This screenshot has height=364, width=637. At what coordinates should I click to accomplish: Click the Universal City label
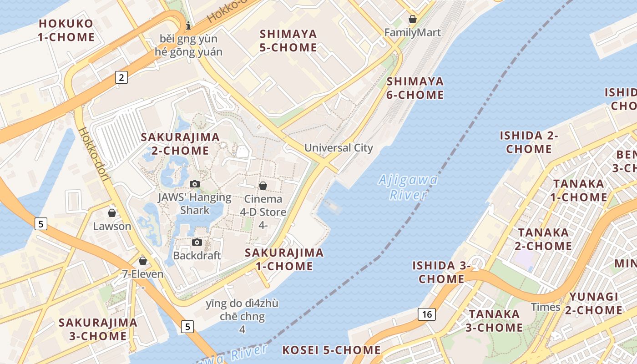pos(339,148)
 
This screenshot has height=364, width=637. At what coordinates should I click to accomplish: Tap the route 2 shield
pos(121,77)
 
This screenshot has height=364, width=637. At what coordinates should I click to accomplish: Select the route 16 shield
pos(427,314)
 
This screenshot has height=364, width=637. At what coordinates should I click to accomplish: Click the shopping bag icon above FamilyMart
pos(412,19)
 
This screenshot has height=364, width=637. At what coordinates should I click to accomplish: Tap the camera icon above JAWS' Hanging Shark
pos(195,184)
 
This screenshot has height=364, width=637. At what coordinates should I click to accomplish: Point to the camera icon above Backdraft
pos(197,242)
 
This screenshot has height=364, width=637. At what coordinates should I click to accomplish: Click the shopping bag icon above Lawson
pos(112,212)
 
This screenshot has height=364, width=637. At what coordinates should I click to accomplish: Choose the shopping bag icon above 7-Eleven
pos(143,261)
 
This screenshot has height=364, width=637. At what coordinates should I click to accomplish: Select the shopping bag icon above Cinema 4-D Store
pos(263,186)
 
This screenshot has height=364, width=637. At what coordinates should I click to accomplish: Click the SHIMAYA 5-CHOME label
pos(288,40)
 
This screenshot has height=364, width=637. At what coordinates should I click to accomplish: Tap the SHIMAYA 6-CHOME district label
pos(415,88)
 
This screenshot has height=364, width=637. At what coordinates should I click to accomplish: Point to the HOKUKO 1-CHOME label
pos(66,30)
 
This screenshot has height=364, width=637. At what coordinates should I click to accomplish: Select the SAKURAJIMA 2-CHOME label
pos(180,144)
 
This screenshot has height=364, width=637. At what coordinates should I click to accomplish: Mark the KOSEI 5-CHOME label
pos(331,350)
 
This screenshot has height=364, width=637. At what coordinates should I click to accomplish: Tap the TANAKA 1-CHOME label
pos(579,190)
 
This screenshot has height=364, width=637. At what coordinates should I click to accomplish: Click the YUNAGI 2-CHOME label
pos(593,303)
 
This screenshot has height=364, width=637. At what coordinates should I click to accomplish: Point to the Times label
pos(546,307)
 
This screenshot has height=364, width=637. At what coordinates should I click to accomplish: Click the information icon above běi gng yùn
pos(188,25)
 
